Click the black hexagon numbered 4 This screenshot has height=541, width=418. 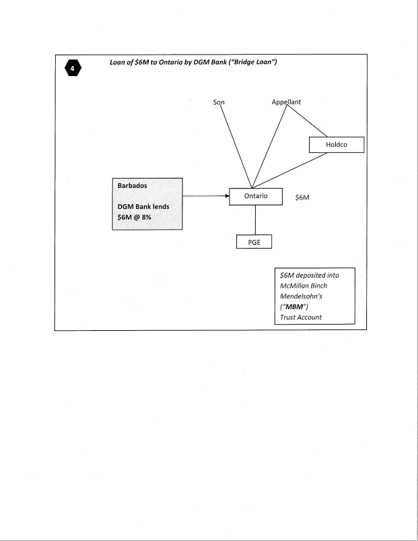pyautogui.click(x=71, y=70)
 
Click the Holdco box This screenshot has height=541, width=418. pyautogui.click(x=336, y=145)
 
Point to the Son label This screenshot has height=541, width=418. pyautogui.click(x=217, y=102)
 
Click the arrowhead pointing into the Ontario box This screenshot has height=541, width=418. pyautogui.click(x=225, y=196)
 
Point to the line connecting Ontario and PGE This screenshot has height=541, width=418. pyautogui.click(x=254, y=220)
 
